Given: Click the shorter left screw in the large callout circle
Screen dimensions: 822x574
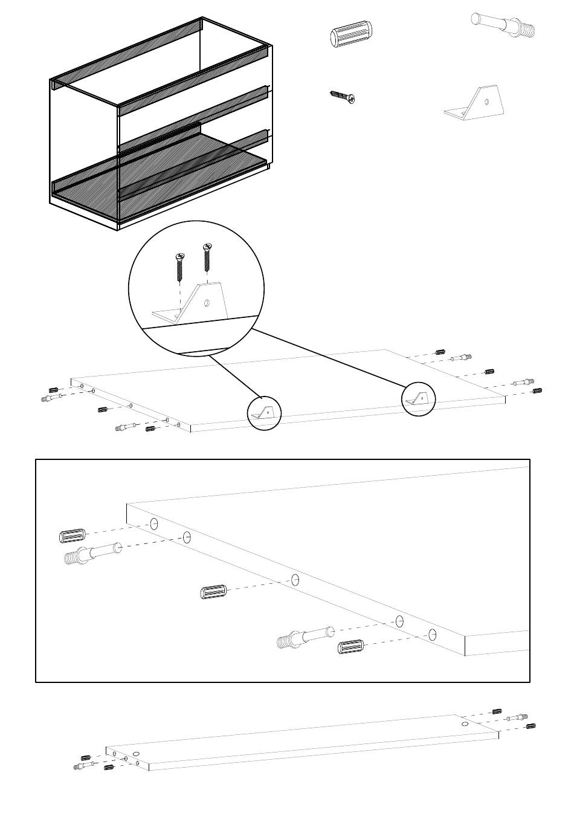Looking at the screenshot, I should point(179,267).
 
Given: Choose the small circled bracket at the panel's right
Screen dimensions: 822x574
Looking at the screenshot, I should point(419,398).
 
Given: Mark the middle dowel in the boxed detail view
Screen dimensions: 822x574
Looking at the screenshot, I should point(213,592).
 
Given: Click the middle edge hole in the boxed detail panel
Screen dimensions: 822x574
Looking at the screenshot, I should point(295,580).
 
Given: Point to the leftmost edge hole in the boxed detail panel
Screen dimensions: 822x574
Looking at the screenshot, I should point(154,524).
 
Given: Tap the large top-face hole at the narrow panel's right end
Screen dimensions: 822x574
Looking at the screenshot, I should point(463,723).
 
